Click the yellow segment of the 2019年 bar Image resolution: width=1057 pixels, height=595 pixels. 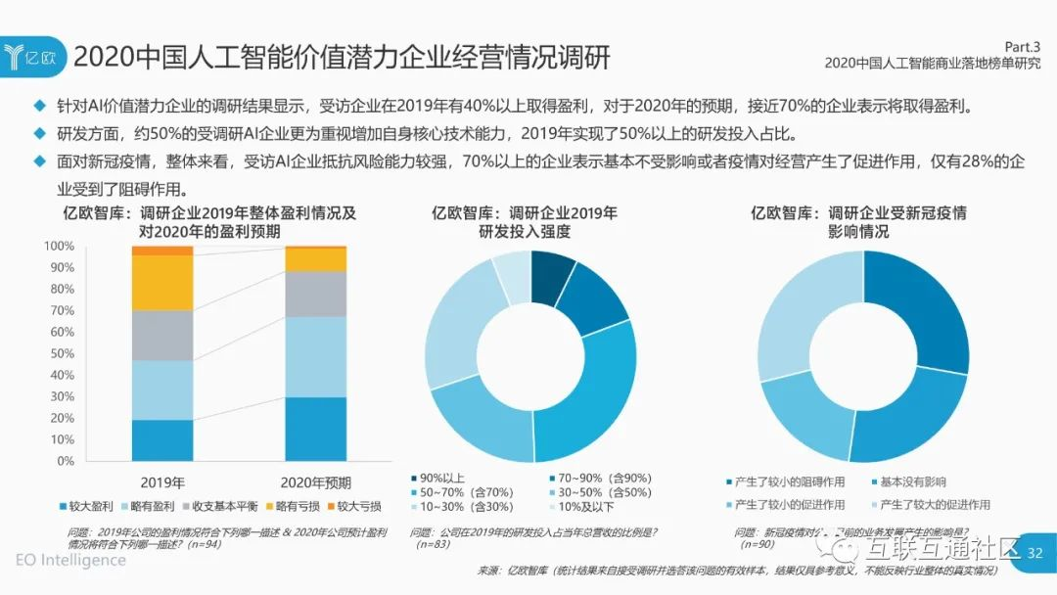162,282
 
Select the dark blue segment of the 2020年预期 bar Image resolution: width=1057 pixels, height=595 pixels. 315,429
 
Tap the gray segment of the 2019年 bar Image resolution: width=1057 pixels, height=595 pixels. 162,335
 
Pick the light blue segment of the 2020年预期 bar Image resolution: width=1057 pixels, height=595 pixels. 315,356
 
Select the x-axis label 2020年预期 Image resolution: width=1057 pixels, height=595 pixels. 315,481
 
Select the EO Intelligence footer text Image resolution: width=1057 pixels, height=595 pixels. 70,560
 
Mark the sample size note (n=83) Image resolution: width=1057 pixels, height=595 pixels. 436,543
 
